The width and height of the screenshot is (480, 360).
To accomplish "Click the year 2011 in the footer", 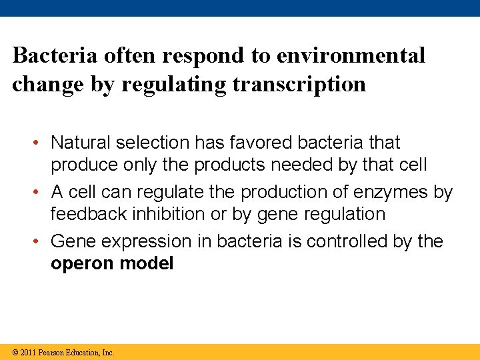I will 29,352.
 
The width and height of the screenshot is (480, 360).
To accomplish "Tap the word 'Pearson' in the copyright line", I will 53,352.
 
